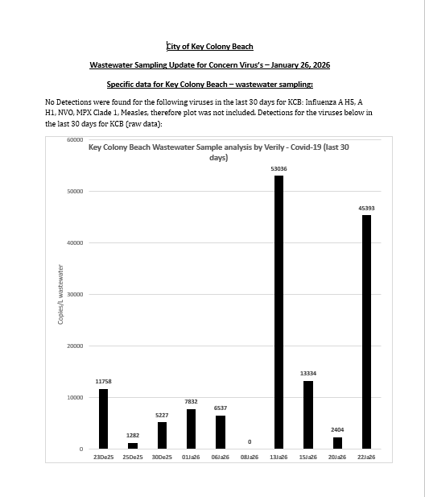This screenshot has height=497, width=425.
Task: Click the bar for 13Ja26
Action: tap(279, 312)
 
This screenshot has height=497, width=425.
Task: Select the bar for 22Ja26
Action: tap(366, 331)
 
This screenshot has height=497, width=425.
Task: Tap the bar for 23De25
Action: tap(103, 418)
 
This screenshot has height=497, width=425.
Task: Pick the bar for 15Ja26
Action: tap(308, 414)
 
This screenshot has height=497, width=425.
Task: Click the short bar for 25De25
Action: tap(133, 445)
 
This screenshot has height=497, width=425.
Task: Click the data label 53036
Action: tap(279, 168)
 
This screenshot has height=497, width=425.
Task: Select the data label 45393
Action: tap(366, 208)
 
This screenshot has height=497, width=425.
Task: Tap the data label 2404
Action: tap(337, 430)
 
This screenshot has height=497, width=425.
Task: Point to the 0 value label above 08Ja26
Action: tap(250, 441)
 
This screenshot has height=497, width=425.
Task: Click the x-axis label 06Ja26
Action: tap(221, 457)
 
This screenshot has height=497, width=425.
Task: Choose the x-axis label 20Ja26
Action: tap(337, 457)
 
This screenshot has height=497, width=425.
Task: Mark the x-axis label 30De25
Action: tap(162, 457)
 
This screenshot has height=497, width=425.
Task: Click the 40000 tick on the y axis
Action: tap(75, 242)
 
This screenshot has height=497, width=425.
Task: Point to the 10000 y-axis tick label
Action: tap(75, 397)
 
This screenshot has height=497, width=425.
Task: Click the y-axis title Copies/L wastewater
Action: tap(60, 294)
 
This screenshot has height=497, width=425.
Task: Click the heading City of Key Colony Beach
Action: tap(209, 46)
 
